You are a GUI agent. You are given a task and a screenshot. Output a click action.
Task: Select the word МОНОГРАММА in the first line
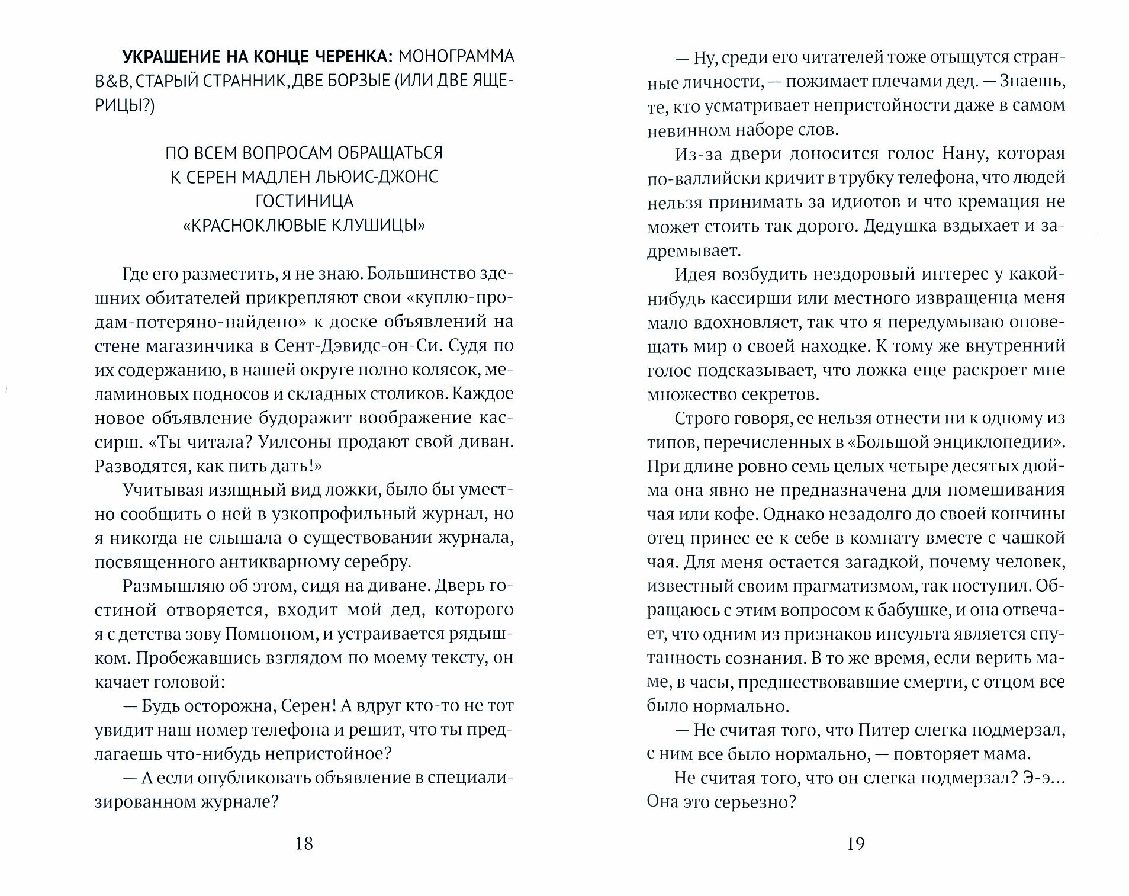pyautogui.click(x=455, y=56)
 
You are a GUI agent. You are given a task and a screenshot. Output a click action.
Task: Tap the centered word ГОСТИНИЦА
pyautogui.click(x=304, y=201)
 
